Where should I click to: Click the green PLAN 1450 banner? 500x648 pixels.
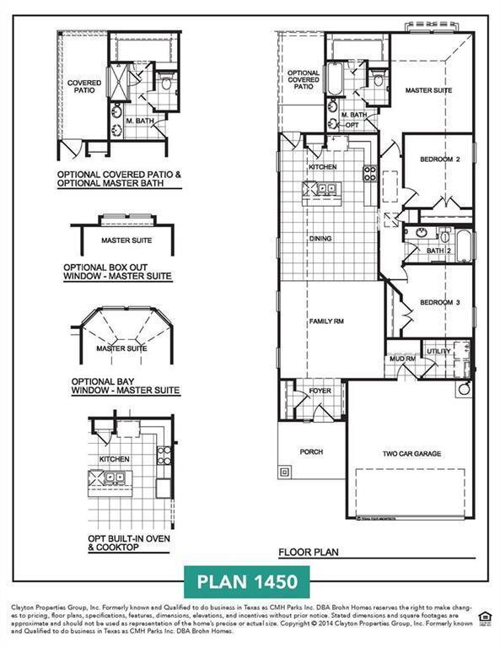[246, 582]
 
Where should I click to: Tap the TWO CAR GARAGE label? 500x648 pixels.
[411, 454]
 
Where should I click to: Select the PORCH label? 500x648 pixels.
[311, 451]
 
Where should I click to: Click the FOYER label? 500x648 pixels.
[320, 391]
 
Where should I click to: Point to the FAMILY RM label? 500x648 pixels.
[327, 321]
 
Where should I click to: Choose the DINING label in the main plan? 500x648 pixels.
[320, 239]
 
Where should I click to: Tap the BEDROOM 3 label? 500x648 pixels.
[439, 303]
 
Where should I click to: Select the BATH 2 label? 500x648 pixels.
[435, 251]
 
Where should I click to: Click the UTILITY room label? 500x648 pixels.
[438, 351]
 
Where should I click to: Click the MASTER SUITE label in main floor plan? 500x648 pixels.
[427, 89]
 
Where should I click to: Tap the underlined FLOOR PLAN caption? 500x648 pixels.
[309, 553]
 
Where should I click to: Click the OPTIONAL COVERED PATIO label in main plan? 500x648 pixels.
[304, 79]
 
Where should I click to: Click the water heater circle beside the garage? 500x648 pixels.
[463, 391]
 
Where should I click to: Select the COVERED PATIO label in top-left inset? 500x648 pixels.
[84, 87]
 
